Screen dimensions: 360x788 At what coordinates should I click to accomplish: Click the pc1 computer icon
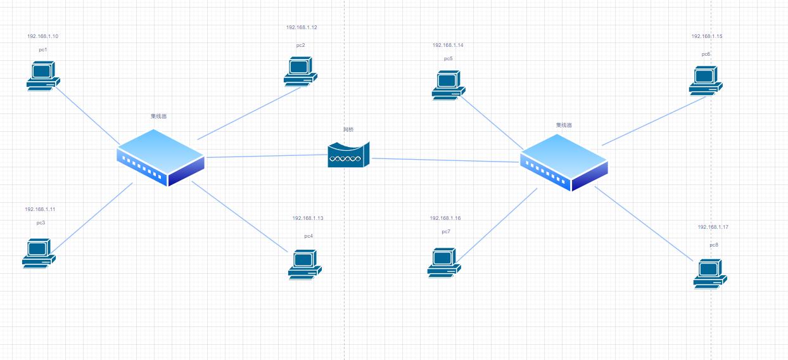click(x=42, y=76)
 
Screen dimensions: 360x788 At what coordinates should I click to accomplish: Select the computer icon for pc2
click(x=300, y=70)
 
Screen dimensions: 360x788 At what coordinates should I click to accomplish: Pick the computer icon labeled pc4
click(x=305, y=264)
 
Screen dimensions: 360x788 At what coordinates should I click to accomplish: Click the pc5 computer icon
click(x=448, y=84)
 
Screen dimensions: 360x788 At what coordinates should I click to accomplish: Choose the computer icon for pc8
click(x=710, y=274)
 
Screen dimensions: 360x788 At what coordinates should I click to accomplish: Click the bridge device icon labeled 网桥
click(x=348, y=155)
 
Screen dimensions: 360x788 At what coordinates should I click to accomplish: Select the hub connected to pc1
click(x=161, y=157)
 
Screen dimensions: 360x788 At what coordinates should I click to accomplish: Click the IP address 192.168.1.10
click(x=43, y=37)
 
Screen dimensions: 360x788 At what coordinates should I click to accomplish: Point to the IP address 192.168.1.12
click(x=302, y=28)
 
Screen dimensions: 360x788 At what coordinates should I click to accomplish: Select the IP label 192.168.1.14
click(x=448, y=46)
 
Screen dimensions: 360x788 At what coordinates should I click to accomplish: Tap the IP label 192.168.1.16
click(x=445, y=218)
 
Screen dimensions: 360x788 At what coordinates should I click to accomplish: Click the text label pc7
click(x=446, y=232)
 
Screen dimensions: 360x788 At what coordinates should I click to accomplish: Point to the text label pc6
click(x=706, y=55)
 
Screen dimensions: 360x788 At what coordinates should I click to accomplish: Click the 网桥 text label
click(x=348, y=129)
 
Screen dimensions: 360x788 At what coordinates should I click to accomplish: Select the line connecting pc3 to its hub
click(x=92, y=217)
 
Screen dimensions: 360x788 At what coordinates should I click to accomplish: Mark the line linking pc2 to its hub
click(x=249, y=113)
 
